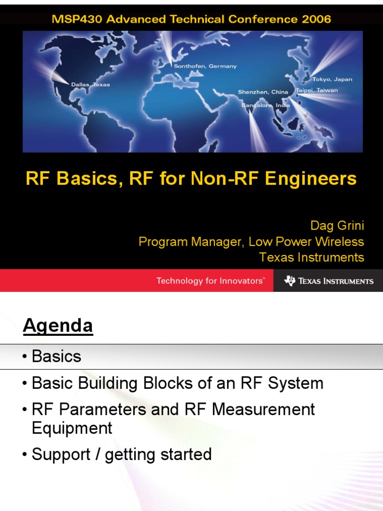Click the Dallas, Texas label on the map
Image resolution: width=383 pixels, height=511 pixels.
point(90,84)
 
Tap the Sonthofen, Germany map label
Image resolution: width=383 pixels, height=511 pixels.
point(205,66)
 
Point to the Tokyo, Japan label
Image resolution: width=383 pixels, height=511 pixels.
point(332,79)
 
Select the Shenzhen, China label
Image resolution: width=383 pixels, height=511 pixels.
point(263,92)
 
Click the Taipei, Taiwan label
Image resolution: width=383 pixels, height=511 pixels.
point(317,90)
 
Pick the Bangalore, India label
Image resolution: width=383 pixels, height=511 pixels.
point(266,106)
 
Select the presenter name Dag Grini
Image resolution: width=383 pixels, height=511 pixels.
point(337,226)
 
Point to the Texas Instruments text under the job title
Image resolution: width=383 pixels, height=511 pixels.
point(312,257)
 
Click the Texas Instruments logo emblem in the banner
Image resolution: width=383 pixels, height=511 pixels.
point(290,281)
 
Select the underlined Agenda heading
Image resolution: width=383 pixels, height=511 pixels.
point(58,326)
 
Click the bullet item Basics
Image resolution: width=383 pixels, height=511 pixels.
point(56,356)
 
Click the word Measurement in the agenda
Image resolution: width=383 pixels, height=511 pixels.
point(263,410)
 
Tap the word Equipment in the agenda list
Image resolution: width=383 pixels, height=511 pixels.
point(72,428)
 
